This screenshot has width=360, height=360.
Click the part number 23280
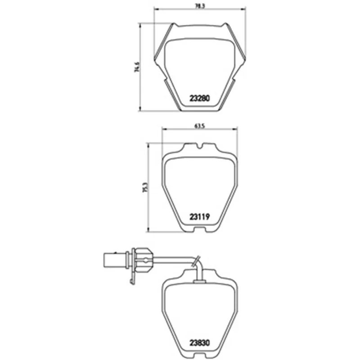pyautogui.click(x=199, y=98)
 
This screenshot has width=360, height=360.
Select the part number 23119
pyautogui.click(x=199, y=217)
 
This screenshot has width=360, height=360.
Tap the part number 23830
pyautogui.click(x=199, y=343)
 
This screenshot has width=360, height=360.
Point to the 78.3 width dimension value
pyautogui.click(x=200, y=6)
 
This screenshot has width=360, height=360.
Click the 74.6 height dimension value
pyautogui.click(x=137, y=67)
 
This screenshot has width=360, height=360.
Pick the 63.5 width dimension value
pyautogui.click(x=199, y=126)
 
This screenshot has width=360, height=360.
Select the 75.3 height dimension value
pyautogui.click(x=145, y=187)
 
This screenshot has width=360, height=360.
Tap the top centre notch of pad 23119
pyautogui.click(x=199, y=146)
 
